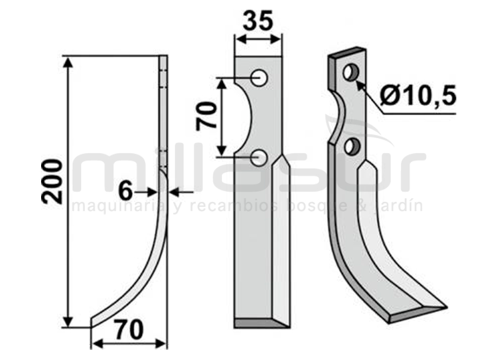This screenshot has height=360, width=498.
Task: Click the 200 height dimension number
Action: pyautogui.click(x=52, y=182)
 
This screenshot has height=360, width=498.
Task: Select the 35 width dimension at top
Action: pyautogui.click(x=258, y=21)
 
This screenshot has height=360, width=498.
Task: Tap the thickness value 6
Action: pyautogui.click(x=126, y=192)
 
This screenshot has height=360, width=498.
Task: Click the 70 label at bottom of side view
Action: pyautogui.click(x=129, y=330)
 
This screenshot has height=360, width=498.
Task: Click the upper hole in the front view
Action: pyautogui.click(x=259, y=77)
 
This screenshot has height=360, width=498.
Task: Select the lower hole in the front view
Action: pyautogui.click(x=259, y=158)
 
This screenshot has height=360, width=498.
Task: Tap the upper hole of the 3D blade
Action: pyautogui.click(x=351, y=73)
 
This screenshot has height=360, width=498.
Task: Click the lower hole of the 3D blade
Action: pyautogui.click(x=352, y=147)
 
